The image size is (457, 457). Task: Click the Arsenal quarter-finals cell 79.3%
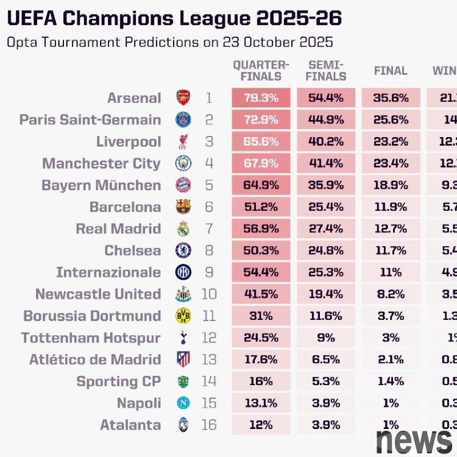pos(261,98)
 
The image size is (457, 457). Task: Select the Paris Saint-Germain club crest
pos(183,119)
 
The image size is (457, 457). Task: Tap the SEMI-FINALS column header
pos(327,71)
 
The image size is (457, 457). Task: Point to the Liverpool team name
pos(129,142)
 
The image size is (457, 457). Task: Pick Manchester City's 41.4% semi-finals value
pos(327,163)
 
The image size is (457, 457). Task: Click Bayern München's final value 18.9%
pos(391,185)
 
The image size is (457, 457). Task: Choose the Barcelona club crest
pos(183,207)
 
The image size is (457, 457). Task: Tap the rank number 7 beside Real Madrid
pos(209,229)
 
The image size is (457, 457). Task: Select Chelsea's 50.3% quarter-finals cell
pos(261,250)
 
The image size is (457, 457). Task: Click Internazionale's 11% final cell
pos(391,272)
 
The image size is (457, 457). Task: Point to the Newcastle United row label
pos(98,294)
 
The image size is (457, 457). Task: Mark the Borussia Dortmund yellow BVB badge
pos(183,316)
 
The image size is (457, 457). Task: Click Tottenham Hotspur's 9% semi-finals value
pos(327,338)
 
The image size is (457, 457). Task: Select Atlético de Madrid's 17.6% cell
pos(261,360)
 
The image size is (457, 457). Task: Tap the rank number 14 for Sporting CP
pos(209,381)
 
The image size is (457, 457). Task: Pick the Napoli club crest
pos(183,403)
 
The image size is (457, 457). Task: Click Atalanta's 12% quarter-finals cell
pos(261,425)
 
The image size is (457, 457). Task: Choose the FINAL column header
pos(391,71)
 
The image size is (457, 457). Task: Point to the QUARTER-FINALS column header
pos(261,71)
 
